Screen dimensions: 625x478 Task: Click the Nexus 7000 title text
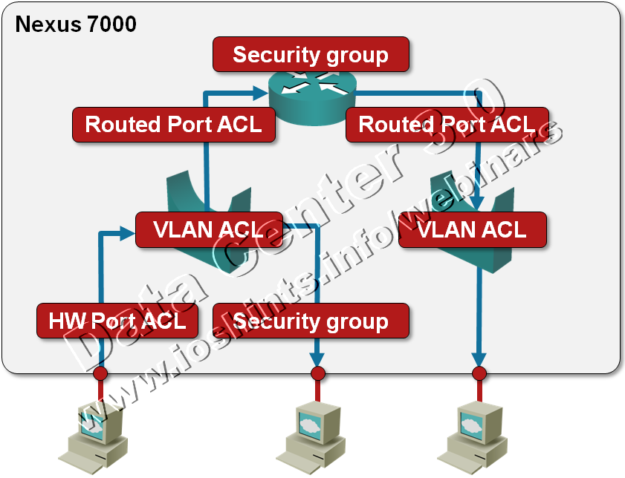[76, 24]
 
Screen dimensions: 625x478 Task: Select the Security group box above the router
[311, 54]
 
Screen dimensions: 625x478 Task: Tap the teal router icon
[311, 97]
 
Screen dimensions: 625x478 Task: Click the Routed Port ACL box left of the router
[174, 125]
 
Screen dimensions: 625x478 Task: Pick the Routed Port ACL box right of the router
[447, 125]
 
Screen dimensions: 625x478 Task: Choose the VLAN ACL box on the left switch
[210, 229]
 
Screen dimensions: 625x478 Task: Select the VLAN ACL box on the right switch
[473, 229]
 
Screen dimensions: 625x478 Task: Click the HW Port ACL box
[117, 321]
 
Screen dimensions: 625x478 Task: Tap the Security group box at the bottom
[311, 321]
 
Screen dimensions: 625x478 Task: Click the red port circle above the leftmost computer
[100, 374]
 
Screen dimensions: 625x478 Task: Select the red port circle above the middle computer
[317, 374]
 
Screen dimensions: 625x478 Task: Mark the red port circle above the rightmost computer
[479, 374]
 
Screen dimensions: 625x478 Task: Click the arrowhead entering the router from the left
[260, 93]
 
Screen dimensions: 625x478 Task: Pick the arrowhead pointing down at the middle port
[317, 359]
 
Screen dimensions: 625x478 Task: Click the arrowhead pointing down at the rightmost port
[479, 359]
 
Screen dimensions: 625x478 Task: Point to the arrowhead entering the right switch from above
[479, 203]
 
